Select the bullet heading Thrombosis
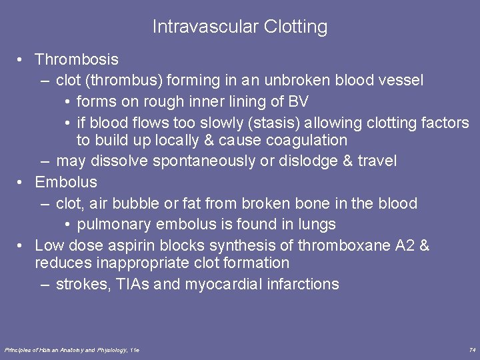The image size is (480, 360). pos(77,59)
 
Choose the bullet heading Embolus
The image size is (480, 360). pos(66,182)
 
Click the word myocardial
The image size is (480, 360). pos(223,284)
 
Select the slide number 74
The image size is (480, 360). pos(472,349)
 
